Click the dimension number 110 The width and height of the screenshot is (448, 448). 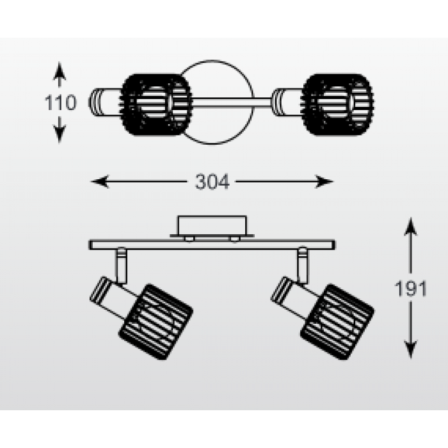pos(61,102)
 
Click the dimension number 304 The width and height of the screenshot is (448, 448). pos(212,182)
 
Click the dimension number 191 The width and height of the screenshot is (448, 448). pos(411,289)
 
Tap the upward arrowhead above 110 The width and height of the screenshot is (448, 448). pos(60,71)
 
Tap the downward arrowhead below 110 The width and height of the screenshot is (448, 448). pos(60,134)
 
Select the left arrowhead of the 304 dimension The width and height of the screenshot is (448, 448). pos(100,182)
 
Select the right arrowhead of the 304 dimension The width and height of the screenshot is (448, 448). pos(324,182)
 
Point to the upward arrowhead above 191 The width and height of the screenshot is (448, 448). pos(411,227)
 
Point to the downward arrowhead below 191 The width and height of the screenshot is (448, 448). pos(411,349)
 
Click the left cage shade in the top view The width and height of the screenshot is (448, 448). pos(156,104)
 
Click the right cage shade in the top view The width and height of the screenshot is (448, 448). pos(338,104)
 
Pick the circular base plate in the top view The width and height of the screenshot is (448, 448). pos(212,102)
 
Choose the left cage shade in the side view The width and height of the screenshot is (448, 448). pos(156,322)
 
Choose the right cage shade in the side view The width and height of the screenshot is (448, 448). pos(337,322)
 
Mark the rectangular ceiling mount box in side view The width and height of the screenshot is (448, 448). pos(212,226)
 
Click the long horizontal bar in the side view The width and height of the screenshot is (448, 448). pos(212,245)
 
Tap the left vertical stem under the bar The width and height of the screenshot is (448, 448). pos(122,266)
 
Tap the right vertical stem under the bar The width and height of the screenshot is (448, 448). pos(302,266)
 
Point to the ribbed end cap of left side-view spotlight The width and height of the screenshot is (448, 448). pos(100,290)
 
